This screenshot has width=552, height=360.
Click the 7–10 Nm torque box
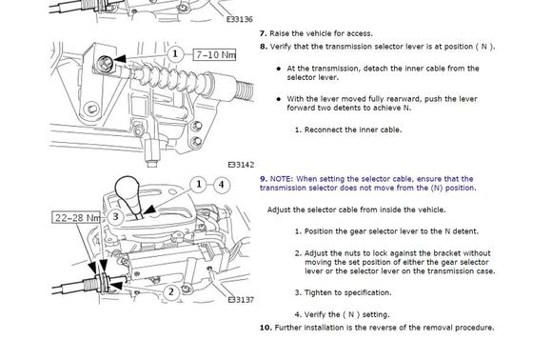[214, 54]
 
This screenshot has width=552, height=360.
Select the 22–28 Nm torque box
[76, 218]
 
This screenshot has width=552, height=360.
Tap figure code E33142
[241, 165]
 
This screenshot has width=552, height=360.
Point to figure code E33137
[241, 300]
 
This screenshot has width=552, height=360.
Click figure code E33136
[240, 19]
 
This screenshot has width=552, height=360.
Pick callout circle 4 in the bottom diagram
[221, 184]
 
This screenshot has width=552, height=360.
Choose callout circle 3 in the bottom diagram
[115, 216]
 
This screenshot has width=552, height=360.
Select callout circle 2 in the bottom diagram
[171, 291]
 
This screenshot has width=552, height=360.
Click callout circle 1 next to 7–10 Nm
[175, 54]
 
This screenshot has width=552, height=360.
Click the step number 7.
[264, 33]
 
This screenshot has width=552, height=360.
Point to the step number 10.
[266, 328]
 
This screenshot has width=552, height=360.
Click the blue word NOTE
[281, 179]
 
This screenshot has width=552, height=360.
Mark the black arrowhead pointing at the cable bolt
[119, 59]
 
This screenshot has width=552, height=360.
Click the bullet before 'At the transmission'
[279, 69]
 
